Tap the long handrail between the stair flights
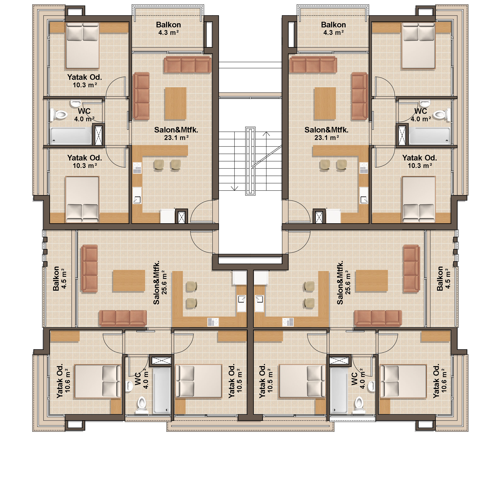pyautogui.click(x=250, y=161)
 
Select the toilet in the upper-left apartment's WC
pyautogui.click(x=59, y=114)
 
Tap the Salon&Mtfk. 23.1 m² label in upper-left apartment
pyautogui.click(x=176, y=134)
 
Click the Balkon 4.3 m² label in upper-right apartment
pyautogui.click(x=333, y=28)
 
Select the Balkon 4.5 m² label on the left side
pyautogui.click(x=60, y=278)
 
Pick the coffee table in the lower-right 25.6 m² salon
pyautogui.click(x=372, y=281)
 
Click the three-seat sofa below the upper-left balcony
pyautogui.click(x=187, y=65)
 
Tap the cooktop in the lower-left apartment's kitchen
pyautogui.click(x=213, y=322)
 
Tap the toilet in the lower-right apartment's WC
pyautogui.click(x=359, y=405)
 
